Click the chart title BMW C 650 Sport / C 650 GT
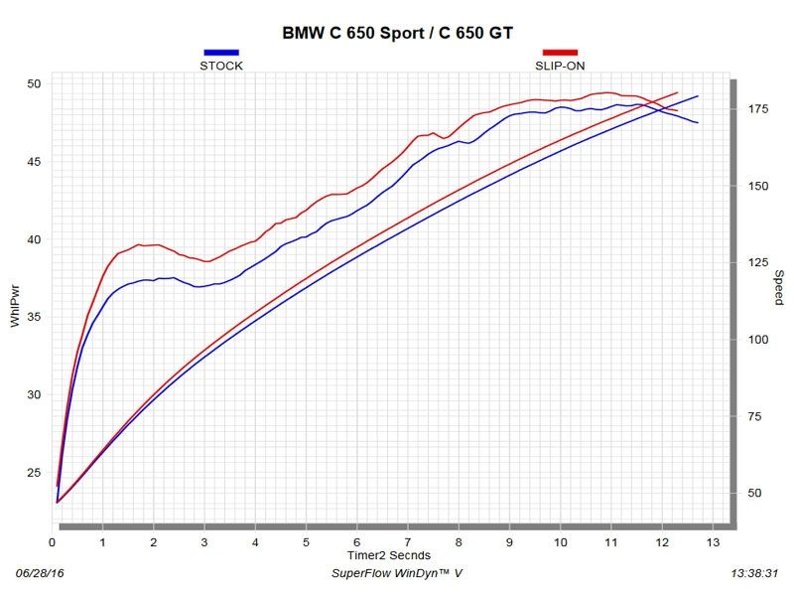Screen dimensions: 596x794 [397, 33]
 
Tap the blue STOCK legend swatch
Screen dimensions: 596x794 [221, 53]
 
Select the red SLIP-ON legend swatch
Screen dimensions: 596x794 [560, 53]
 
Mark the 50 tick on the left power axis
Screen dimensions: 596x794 [34, 83]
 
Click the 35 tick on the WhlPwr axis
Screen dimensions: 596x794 [34, 317]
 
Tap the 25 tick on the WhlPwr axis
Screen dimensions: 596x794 [34, 473]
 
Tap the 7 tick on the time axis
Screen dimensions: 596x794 [408, 542]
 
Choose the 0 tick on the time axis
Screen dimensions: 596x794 [53, 542]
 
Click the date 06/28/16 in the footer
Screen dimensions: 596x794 [39, 574]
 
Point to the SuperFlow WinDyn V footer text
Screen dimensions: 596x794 [396, 574]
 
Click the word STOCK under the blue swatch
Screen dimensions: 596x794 [221, 66]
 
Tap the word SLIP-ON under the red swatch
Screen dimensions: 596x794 [560, 66]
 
